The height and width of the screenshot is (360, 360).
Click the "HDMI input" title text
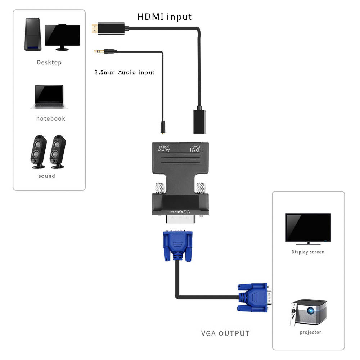click(165, 17)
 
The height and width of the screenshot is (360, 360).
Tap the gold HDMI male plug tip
click(93, 28)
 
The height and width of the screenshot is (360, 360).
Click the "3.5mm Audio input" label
click(125, 72)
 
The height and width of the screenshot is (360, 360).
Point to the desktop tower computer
click(33, 35)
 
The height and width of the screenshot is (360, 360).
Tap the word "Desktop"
click(49, 63)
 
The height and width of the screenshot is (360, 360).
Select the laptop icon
click(49, 97)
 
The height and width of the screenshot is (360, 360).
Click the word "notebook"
click(51, 118)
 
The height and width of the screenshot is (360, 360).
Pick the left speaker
click(38, 152)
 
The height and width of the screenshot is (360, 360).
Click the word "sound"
click(47, 176)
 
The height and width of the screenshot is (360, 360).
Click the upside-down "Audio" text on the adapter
click(165, 149)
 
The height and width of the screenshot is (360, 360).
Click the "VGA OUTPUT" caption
click(225, 333)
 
